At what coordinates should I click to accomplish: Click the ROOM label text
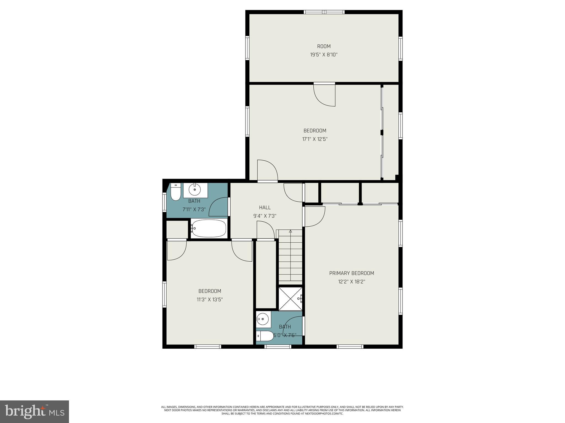coord(324,46)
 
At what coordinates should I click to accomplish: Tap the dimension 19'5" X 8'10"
coord(324,55)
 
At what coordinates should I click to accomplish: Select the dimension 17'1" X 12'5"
coord(315,139)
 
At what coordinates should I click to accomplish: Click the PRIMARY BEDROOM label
coord(351,273)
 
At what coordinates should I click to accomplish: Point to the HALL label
coord(265,207)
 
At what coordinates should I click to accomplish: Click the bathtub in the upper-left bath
coord(209,228)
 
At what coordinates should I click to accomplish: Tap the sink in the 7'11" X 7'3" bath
coord(195,189)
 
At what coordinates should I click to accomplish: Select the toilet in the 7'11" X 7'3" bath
coord(175,192)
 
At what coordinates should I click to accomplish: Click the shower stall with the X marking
coord(290,299)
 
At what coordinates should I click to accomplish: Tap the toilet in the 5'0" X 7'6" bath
coord(265,336)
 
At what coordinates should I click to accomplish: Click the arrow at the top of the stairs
coord(290,231)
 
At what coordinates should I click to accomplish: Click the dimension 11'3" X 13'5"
coord(210,299)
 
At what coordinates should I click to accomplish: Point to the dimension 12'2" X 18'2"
coord(351,282)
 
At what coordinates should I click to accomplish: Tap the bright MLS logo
coord(34,412)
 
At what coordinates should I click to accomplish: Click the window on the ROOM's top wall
coord(324,12)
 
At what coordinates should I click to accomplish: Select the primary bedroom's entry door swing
coord(315,216)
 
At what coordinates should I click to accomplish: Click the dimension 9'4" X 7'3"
coord(265,216)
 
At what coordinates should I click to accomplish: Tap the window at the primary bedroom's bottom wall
coord(350,346)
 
